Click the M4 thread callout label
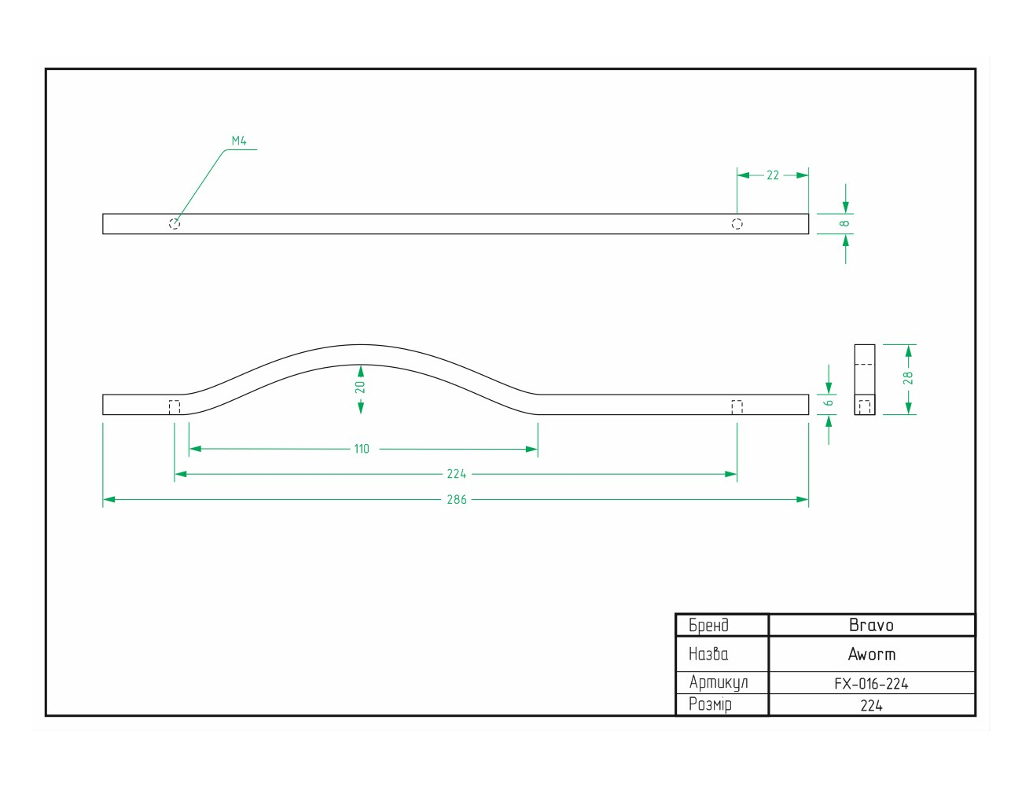click(239, 141)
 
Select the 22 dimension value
click(773, 175)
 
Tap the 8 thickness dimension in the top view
click(844, 223)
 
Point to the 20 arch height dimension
click(360, 387)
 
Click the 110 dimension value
click(362, 449)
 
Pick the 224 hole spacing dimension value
click(456, 474)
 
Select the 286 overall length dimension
click(457, 499)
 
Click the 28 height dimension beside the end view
click(908, 378)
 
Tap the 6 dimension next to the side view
click(829, 403)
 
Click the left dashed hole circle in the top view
click(174, 224)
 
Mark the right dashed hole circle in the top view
click(737, 224)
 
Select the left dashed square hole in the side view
click(174, 407)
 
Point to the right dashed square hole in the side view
click(737, 407)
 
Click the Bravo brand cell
click(871, 625)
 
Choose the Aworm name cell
click(872, 655)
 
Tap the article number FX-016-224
click(871, 684)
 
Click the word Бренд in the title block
click(709, 626)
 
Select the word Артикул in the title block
click(719, 682)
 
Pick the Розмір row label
click(710, 705)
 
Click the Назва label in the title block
click(708, 654)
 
